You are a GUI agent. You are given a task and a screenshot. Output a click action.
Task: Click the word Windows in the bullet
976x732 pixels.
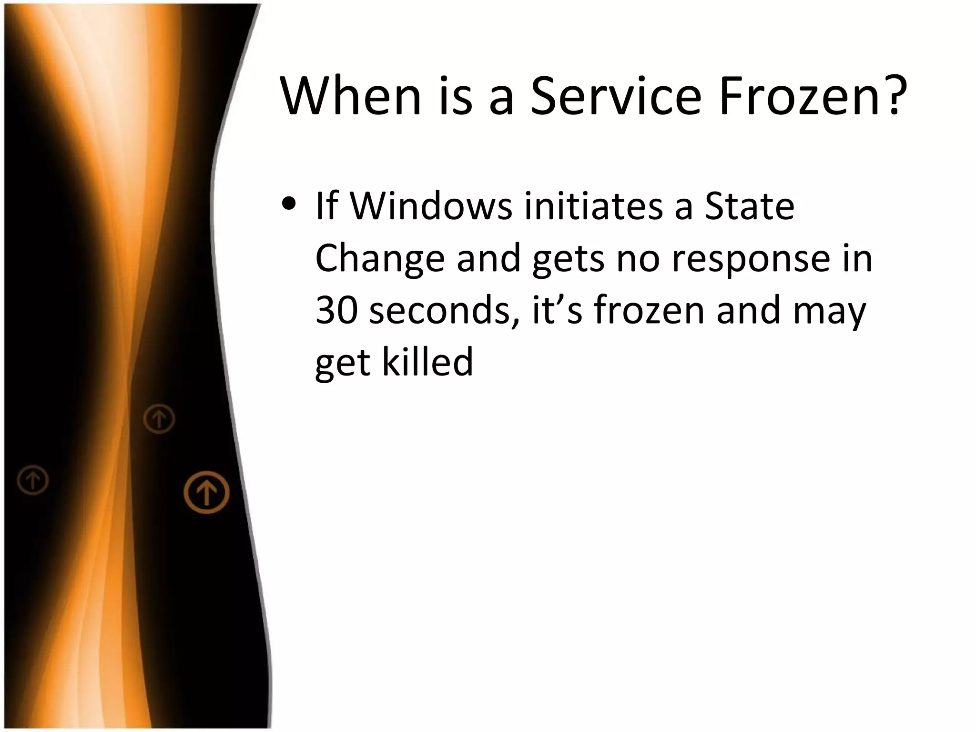point(431,206)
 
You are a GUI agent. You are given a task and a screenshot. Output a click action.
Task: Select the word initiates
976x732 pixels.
point(593,206)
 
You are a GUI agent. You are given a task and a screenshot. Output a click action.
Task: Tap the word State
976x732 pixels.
point(750,206)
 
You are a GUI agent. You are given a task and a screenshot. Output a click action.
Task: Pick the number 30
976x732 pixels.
point(336,310)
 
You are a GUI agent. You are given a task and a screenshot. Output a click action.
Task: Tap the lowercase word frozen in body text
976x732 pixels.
point(649,310)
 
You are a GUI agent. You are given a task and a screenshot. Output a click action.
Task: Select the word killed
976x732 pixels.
point(427,362)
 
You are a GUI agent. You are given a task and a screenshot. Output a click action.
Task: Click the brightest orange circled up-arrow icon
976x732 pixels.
point(206,492)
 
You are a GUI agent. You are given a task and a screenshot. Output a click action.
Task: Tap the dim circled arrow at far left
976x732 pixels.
point(33,479)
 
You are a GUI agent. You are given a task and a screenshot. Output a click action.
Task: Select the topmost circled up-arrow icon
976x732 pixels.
point(159,419)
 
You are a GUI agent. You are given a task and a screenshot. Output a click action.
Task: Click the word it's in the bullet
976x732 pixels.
point(557,310)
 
